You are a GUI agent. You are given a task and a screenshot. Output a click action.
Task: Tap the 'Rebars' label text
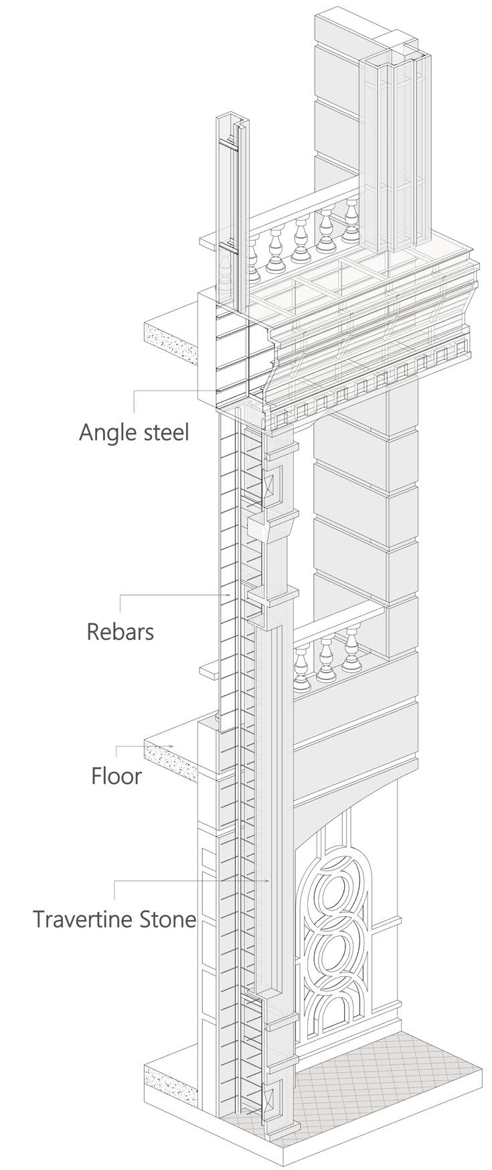tap(120, 631)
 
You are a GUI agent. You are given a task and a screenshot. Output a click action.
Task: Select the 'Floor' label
tap(116, 776)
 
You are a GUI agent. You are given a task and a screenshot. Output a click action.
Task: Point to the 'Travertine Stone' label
tap(114, 918)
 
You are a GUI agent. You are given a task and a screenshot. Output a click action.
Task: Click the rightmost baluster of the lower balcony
tap(352, 650)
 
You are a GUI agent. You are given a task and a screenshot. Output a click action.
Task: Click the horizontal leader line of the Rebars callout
tap(174, 595)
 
